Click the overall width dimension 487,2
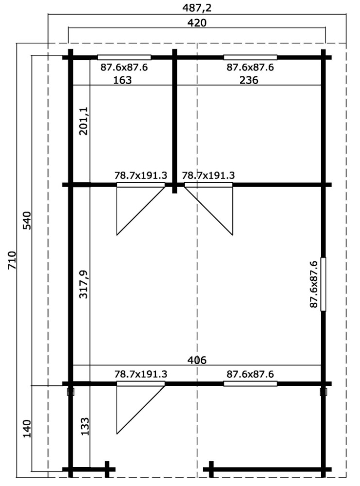coord(197,8)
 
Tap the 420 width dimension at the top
coord(197,23)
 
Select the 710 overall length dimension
coord(11,260)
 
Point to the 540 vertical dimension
coord(27,220)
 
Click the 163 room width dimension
coord(122,80)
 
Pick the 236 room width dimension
coord(249,80)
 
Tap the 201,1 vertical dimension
coord(84,121)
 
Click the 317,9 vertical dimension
coord(84,284)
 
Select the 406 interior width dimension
coord(197,360)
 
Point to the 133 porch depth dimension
coord(85,427)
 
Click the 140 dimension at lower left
coord(27,428)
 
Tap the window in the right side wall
coord(323,284)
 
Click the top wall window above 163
coord(124,57)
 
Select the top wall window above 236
coord(250,57)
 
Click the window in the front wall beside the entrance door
coord(250,384)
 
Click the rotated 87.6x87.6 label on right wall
coord(313,284)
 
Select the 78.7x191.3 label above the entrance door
coord(141,374)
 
